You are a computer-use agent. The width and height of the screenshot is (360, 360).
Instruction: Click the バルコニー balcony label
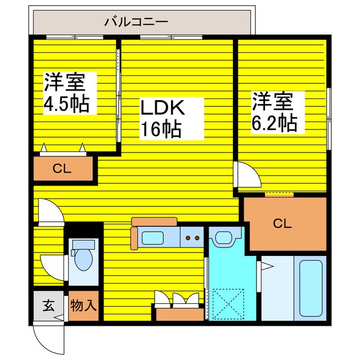136,22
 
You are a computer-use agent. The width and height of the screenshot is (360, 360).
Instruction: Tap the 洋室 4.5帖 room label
66,93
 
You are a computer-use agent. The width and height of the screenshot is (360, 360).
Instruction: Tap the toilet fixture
83,256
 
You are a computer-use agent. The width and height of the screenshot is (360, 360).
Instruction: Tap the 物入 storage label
84,306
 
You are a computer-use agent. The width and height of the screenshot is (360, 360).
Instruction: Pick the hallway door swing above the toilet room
49,211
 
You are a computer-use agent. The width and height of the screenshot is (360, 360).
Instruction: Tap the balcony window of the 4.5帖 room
74,38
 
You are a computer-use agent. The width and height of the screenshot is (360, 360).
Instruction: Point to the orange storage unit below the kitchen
178,312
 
